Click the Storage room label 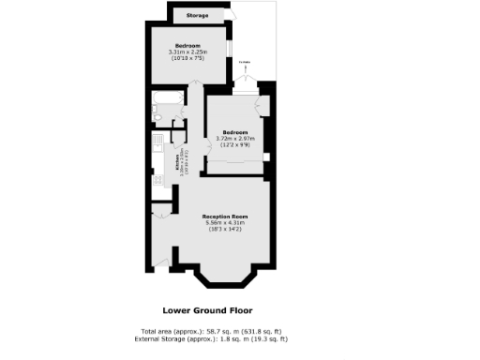pos(198,16)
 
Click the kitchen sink pos(157,148)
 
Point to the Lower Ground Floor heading pos(207,310)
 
